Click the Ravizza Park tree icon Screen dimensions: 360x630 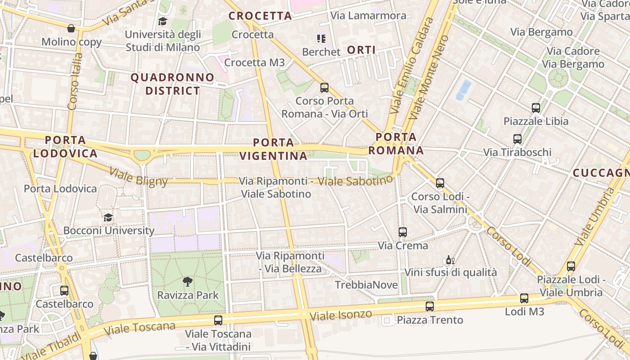point(188,282)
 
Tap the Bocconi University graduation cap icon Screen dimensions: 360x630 point(108,217)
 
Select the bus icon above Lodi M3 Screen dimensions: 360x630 point(524,298)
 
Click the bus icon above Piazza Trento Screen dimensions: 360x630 point(430,306)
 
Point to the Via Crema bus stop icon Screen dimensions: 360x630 point(403,232)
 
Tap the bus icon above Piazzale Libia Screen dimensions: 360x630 point(535,108)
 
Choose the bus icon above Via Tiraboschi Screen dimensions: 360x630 point(517,139)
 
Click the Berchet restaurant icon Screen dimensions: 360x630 point(321,39)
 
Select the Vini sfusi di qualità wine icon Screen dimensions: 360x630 point(450,260)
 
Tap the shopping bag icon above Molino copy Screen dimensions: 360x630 point(71,29)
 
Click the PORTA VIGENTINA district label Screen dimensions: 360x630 point(273,149)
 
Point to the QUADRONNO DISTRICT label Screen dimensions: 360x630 point(172,84)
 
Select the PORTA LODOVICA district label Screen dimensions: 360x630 point(65,147)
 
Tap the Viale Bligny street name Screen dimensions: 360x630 point(139,177)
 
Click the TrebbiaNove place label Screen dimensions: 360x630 point(366,285)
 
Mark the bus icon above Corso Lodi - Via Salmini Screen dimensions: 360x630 point(440,183)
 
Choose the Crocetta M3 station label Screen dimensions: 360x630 point(254,63)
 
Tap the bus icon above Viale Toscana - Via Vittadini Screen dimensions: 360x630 point(218,320)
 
